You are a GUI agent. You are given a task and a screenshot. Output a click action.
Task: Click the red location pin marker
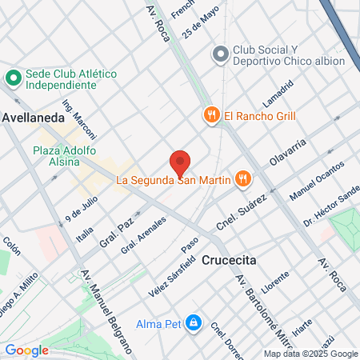coord(180,162)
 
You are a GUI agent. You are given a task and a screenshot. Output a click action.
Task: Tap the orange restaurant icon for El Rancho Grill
coord(212,115)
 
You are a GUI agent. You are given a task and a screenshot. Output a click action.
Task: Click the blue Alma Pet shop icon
coord(193,322)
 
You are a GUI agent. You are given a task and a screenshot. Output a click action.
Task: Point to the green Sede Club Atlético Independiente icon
coord(13,78)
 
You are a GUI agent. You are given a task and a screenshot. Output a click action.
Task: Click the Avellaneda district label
coord(33,117)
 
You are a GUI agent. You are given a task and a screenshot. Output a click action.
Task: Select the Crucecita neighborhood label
coord(229,260)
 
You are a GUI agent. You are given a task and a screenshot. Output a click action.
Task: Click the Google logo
coord(26,350)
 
